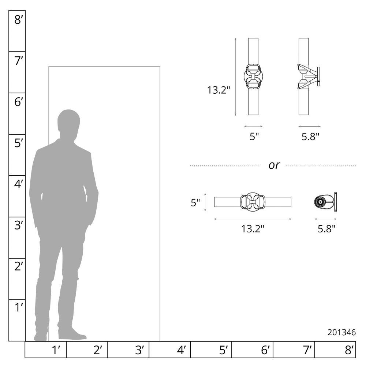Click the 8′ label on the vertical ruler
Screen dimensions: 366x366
tap(19, 20)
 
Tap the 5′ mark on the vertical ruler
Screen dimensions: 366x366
tap(19, 143)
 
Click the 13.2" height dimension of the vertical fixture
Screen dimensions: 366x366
tap(219, 90)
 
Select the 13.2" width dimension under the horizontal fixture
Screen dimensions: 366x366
tap(253, 229)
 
